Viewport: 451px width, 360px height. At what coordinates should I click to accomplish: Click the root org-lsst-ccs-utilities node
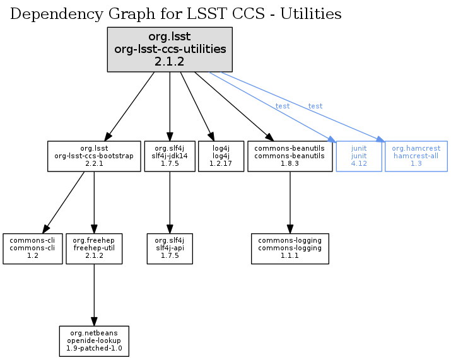click(x=170, y=49)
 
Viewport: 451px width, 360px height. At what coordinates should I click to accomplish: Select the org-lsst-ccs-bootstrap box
click(x=93, y=156)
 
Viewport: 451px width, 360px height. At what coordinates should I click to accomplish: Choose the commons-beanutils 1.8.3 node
click(x=290, y=156)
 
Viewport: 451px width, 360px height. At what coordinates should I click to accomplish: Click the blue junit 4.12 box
click(x=359, y=156)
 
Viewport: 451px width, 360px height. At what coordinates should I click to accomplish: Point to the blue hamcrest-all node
click(x=416, y=156)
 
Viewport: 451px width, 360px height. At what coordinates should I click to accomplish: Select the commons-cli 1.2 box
click(x=32, y=248)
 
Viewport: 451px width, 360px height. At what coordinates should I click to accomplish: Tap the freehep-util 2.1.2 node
click(x=94, y=248)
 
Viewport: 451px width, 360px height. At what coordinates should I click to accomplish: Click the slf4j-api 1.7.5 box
click(x=170, y=248)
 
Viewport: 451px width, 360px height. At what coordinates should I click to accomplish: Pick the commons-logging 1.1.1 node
click(x=290, y=248)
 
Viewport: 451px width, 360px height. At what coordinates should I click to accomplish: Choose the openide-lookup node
click(x=94, y=341)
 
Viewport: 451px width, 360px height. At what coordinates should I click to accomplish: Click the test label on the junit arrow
click(x=283, y=106)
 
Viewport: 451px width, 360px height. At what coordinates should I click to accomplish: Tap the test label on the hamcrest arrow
click(x=315, y=106)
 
